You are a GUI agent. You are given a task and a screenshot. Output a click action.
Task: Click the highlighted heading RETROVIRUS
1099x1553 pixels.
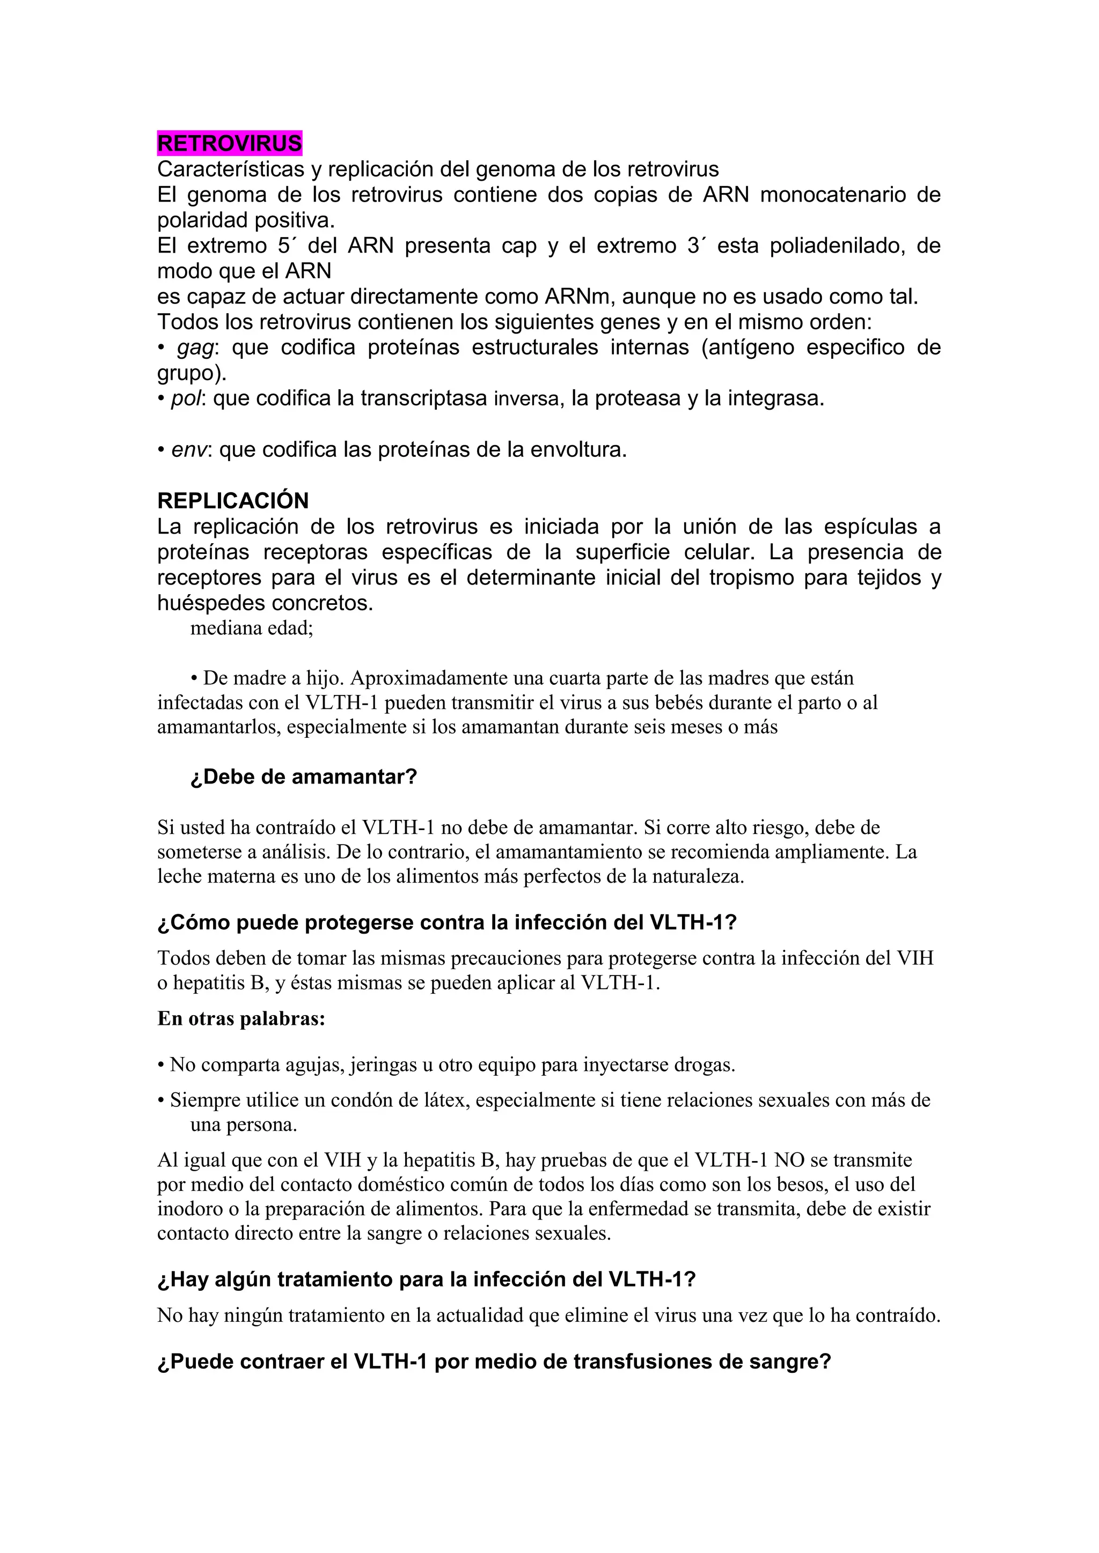(x=230, y=143)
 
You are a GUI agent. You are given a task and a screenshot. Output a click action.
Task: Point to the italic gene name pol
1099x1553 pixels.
(x=186, y=399)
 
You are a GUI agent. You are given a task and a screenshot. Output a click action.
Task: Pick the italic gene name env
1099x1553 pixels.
(x=188, y=450)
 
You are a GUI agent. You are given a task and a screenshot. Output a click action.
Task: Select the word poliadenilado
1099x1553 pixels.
(x=837, y=246)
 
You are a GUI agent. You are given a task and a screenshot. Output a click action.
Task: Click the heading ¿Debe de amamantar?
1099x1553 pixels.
(x=304, y=776)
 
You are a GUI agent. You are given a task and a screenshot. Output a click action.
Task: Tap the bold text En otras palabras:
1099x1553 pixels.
(x=241, y=1019)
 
